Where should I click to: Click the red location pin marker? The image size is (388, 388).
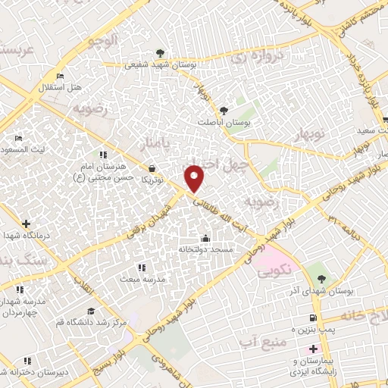coord(196,179)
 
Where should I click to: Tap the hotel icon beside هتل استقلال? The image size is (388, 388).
coord(61,76)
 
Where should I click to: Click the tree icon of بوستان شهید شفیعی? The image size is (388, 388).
coord(159,52)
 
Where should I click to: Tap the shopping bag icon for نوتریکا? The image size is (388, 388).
coord(154,167)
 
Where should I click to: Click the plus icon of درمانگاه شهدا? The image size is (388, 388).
coord(27,224)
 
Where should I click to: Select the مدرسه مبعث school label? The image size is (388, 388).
coord(161,279)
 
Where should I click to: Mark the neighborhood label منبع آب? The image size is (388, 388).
coord(267,345)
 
